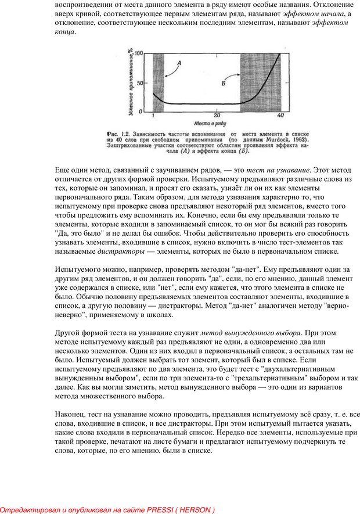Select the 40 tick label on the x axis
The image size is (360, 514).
(280, 116)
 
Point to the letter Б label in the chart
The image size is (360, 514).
(224, 85)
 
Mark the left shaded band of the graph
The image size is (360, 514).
(158, 81)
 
